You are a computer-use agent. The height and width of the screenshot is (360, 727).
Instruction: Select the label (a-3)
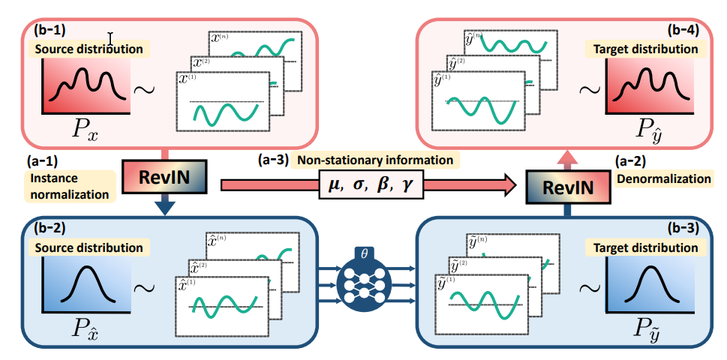pos(272,160)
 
